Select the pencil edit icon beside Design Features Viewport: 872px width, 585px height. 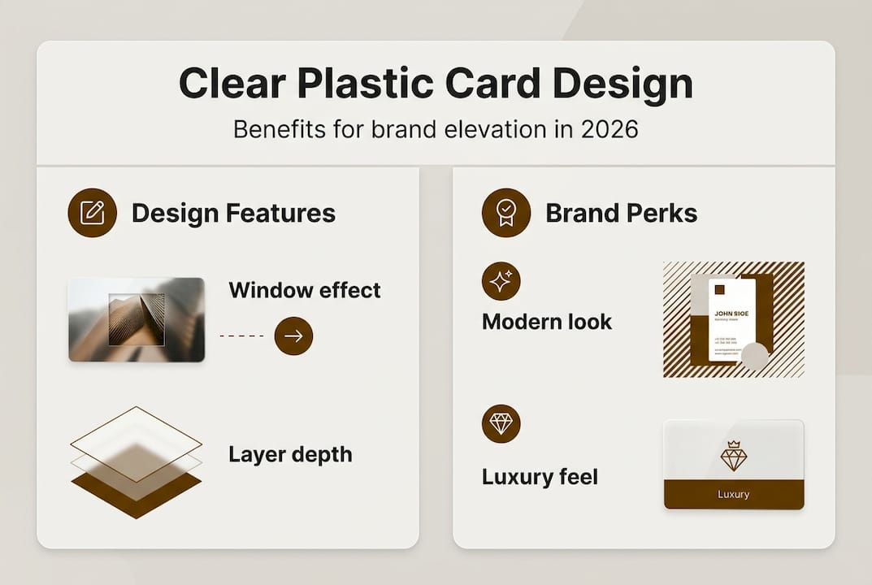point(92,213)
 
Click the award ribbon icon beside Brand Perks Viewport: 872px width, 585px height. point(505,213)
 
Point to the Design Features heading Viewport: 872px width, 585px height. point(233,214)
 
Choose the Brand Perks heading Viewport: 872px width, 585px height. point(621,214)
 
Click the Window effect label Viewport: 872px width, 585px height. point(305,290)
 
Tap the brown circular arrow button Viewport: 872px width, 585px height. point(293,336)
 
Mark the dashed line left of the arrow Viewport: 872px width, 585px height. point(241,336)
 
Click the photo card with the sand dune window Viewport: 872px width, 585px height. point(137,319)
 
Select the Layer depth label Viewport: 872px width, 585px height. point(290,454)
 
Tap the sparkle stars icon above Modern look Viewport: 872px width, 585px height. point(501,281)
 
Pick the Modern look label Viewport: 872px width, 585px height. point(546,322)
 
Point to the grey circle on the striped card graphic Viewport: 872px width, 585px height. point(754,356)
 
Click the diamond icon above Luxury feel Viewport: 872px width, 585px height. point(501,423)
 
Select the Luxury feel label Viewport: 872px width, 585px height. point(540,476)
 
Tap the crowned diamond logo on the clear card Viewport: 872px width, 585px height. point(733,456)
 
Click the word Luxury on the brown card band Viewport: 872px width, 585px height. point(733,494)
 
